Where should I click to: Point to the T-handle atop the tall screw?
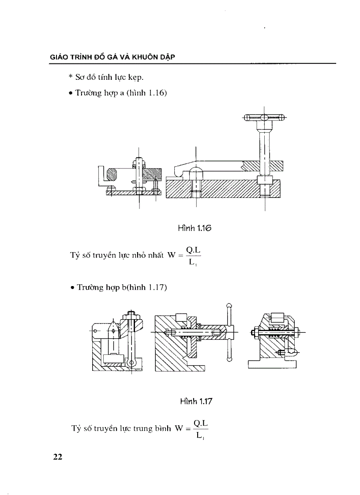point(264,118)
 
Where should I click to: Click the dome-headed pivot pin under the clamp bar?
point(195,172)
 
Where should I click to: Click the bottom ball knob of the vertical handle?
point(229,359)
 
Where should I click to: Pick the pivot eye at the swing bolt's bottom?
point(131,362)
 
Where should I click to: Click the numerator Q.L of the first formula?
point(193,249)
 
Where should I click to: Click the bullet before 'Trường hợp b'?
point(71,288)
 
